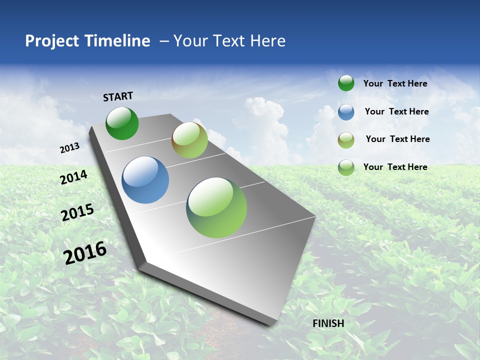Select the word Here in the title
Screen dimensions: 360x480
click(267, 41)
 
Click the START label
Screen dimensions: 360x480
click(118, 96)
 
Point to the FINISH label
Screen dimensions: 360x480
click(328, 323)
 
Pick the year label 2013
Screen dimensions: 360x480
click(70, 148)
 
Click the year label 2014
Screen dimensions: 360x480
click(74, 177)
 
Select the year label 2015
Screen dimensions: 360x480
click(77, 212)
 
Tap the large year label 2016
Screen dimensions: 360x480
click(85, 252)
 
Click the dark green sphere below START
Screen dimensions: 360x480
click(122, 123)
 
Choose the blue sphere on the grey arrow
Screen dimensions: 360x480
click(145, 180)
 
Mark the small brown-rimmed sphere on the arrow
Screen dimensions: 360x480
click(189, 140)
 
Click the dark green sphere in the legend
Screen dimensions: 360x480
click(346, 83)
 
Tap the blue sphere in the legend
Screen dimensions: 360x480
click(346, 112)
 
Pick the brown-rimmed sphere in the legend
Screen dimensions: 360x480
click(346, 139)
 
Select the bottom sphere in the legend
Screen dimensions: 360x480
click(346, 167)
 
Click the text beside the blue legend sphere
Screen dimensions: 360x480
click(396, 111)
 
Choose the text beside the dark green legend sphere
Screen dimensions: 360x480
click(395, 83)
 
